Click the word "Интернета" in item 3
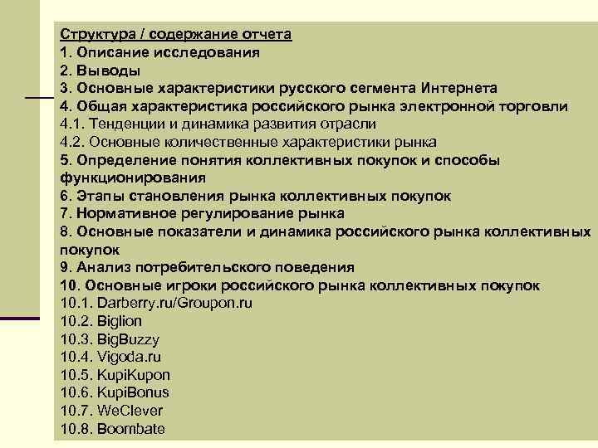coord(459,88)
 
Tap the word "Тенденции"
coord(125,124)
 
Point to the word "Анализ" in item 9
coord(101,267)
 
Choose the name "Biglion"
coord(120,321)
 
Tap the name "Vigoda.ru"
coord(130,357)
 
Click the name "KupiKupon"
coord(134,375)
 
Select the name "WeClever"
coord(130,411)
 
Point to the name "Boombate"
coord(131,429)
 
